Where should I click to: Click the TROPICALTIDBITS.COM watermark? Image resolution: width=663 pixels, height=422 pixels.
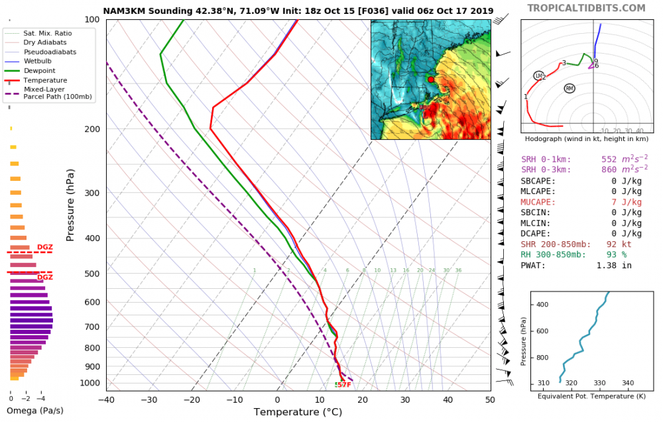point(586,8)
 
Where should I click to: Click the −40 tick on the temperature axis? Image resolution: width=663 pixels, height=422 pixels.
point(106,400)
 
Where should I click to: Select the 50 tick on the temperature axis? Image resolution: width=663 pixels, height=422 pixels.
point(490,400)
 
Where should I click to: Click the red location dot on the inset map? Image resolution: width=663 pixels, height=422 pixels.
point(431,79)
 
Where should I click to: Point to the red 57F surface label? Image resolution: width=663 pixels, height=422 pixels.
point(344,384)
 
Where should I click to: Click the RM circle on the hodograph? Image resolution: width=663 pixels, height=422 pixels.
point(570,88)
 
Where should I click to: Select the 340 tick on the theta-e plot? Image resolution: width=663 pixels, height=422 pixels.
point(628,383)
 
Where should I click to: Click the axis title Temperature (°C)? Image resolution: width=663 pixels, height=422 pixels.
point(298,412)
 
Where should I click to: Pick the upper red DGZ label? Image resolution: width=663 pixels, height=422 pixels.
point(45,247)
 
